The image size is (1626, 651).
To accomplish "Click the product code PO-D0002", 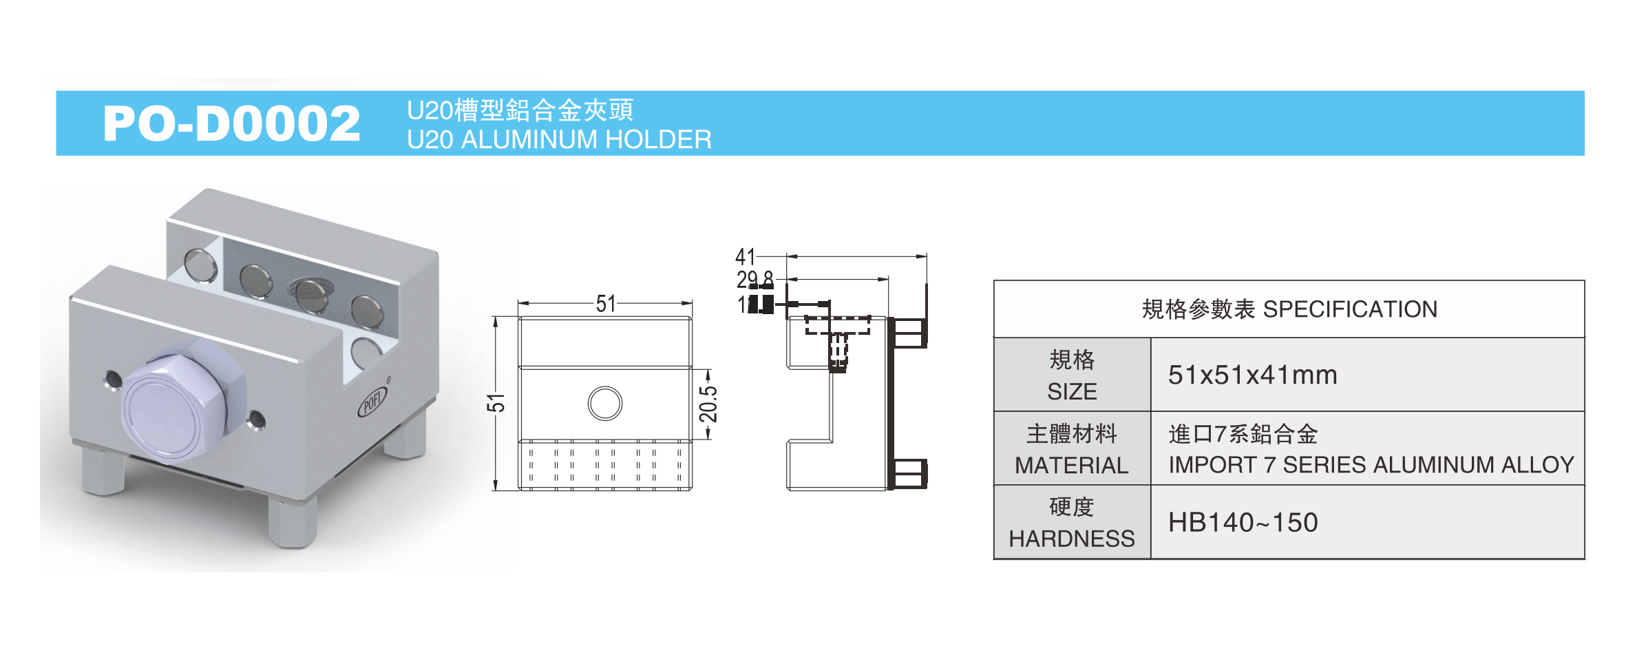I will tap(231, 124).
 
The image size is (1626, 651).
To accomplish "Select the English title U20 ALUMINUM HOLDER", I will tap(558, 140).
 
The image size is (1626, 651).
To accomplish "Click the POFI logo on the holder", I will tap(372, 402).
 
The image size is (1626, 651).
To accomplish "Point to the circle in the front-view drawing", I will tap(605, 403).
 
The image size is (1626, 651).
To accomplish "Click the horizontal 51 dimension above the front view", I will tap(606, 304).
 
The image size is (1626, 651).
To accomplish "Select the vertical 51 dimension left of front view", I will tap(496, 403).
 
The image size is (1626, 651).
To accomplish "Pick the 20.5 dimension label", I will tap(708, 404).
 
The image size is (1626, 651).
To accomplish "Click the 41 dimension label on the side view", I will tap(746, 257).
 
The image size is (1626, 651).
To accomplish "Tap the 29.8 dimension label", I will tap(754, 280).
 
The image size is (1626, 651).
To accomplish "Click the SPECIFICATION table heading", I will tap(1289, 309).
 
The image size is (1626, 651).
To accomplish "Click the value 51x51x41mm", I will tap(1252, 375).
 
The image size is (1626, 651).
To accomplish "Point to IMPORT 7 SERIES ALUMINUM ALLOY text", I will tap(1371, 465).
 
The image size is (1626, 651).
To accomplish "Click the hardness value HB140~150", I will tap(1243, 523).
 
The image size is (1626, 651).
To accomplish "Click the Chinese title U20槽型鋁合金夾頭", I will tap(520, 110).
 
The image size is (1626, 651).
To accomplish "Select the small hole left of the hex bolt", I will tap(111, 379).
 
